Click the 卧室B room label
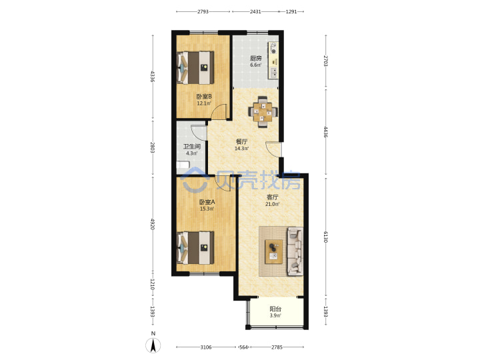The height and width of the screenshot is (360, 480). click(x=204, y=97)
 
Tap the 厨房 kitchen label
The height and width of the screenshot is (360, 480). click(x=255, y=58)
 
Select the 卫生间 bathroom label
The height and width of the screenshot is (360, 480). click(x=192, y=147)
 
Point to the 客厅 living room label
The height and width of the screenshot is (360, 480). click(x=272, y=197)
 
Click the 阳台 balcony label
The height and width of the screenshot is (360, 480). click(x=275, y=309)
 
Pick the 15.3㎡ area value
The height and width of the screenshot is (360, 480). click(x=207, y=209)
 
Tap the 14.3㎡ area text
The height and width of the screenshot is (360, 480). click(x=241, y=149)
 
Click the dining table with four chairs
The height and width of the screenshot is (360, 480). click(x=263, y=112)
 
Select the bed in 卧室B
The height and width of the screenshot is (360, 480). click(x=195, y=67)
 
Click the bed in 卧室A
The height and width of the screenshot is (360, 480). click(x=195, y=247)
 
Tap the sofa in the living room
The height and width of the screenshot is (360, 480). click(x=295, y=251)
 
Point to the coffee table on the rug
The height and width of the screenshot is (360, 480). click(x=274, y=251)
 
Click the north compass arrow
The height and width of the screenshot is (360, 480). click(x=153, y=345)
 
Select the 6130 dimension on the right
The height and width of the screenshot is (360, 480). click(x=325, y=237)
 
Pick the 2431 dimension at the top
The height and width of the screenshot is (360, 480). click(x=255, y=11)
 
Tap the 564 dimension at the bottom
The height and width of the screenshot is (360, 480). click(x=243, y=347)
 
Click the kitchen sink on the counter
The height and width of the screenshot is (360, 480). click(x=274, y=73)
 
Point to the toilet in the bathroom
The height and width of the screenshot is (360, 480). click(x=183, y=165)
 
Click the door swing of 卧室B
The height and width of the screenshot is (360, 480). click(x=219, y=111)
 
